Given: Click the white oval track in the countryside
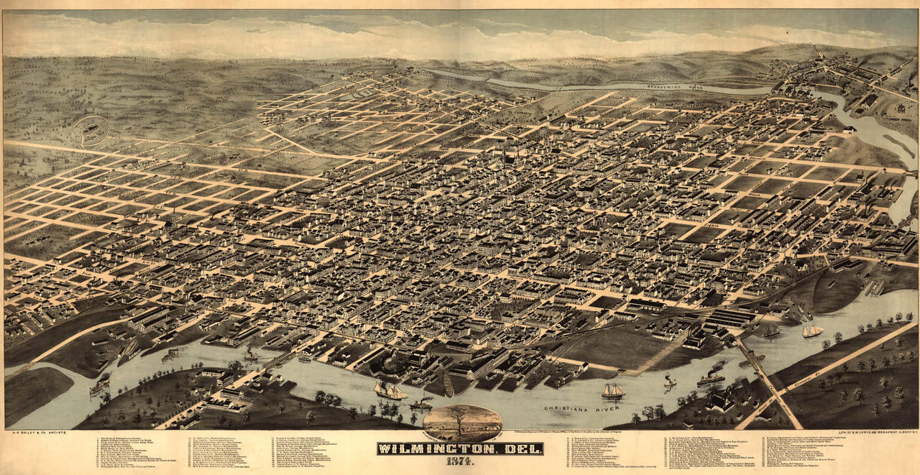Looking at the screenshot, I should tap(91, 131).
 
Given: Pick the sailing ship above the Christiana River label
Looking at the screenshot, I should tap(612, 391).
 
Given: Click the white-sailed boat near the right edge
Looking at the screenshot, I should tap(812, 331).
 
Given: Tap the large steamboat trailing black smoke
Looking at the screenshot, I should tap(711, 377).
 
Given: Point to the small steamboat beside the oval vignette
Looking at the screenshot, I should tap(421, 405).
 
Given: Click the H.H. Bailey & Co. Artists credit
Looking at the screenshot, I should tap(35, 433).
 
